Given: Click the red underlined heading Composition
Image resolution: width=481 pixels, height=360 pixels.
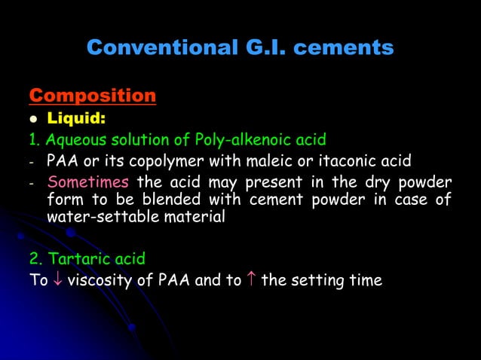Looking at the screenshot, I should (92, 96).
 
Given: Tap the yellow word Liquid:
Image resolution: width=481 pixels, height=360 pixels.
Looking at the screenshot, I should (77, 118).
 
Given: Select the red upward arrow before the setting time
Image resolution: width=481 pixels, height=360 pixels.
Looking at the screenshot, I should (250, 281).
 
